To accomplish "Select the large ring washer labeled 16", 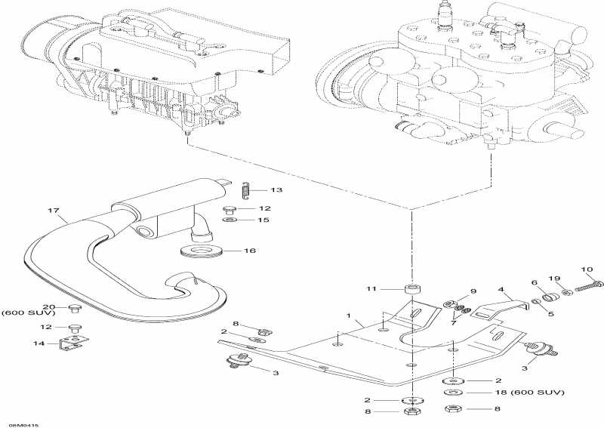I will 201,250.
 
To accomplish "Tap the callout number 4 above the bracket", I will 500,288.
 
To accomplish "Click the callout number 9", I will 473,291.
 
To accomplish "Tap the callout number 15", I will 263,220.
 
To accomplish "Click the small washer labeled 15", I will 230,220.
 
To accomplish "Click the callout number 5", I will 550,313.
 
